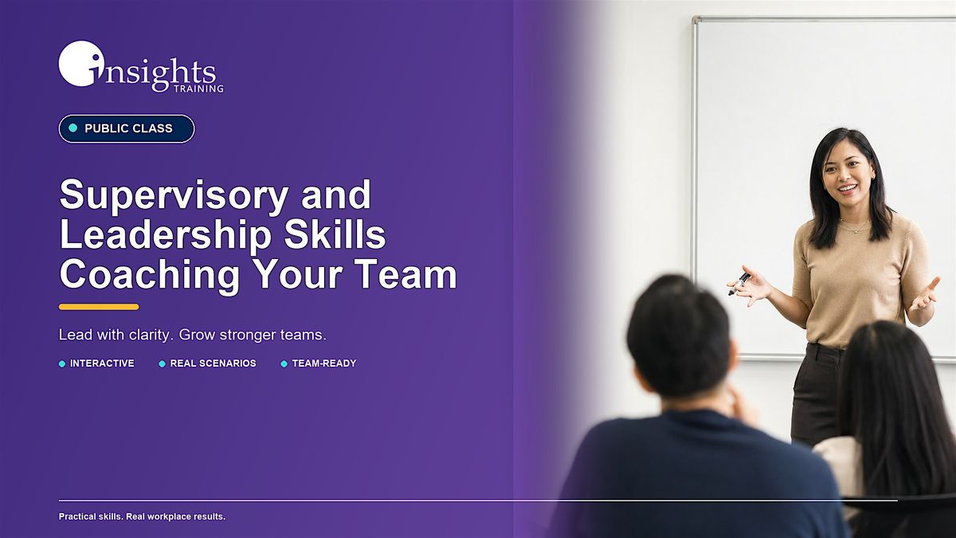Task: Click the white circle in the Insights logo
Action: point(79,63)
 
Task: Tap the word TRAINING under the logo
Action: point(198,88)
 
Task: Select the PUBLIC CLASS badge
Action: point(127,128)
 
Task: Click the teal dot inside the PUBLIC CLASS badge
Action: point(73,128)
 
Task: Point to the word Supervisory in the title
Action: point(174,195)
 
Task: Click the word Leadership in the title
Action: point(166,234)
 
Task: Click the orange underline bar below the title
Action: point(99,307)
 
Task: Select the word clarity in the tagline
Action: point(151,336)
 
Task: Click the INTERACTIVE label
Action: point(102,363)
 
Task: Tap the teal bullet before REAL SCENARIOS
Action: point(163,363)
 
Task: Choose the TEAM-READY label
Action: point(324,363)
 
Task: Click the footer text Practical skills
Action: point(91,516)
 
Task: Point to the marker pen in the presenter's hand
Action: point(739,284)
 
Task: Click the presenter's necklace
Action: point(854,226)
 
